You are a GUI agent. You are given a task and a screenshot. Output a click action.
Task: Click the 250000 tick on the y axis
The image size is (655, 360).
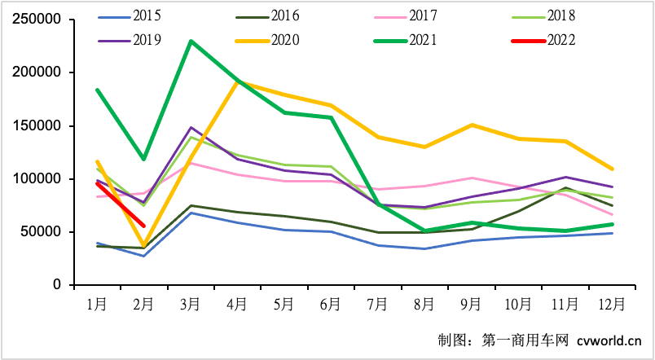[39, 20]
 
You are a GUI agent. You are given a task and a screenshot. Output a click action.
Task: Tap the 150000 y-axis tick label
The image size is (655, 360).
[39, 126]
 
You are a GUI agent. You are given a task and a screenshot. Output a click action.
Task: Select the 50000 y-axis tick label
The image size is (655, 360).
[42, 232]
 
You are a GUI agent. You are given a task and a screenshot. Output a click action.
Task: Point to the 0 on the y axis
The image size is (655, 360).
[58, 285]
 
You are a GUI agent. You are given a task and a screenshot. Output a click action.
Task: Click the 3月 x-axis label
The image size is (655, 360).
[191, 305]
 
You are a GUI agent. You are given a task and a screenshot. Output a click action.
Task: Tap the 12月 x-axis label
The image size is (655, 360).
[612, 305]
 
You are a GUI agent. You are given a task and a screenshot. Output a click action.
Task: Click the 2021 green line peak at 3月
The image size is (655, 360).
[191, 41]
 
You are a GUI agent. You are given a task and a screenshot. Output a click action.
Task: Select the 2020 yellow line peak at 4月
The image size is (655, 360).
[237, 81]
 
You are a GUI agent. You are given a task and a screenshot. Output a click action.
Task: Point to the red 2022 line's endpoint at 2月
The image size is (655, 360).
[143, 226]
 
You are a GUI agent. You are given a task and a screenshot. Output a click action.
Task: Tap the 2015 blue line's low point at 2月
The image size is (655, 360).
[143, 256]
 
